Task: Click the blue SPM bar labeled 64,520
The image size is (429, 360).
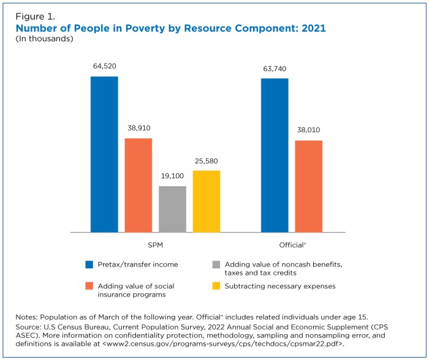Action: [104, 154]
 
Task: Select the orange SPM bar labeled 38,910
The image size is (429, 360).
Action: [139, 186]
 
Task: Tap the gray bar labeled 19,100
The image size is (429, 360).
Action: [172, 209]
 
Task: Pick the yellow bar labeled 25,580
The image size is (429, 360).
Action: [207, 201]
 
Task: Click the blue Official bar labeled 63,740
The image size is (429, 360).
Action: [275, 156]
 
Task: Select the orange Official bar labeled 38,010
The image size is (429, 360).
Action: [308, 186]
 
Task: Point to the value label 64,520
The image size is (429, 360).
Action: [104, 66]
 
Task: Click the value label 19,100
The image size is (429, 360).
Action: [172, 176]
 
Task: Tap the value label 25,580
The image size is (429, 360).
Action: [207, 160]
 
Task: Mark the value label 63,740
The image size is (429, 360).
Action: [275, 68]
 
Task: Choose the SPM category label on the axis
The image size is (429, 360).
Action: [156, 244]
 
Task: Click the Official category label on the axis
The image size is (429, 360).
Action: [292, 244]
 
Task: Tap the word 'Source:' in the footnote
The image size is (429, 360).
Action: [31, 327]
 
